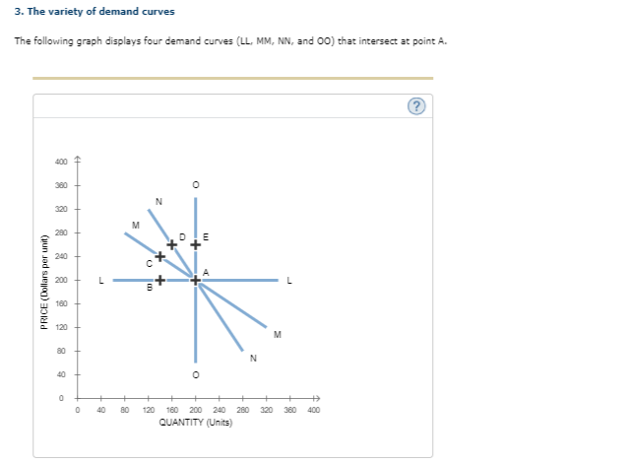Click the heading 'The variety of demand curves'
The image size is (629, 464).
89,11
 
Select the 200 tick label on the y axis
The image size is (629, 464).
61,280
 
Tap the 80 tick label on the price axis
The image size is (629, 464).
61,351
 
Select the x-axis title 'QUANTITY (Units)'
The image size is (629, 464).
196,420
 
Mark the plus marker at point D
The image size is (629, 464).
171,243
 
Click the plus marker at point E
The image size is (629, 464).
195,243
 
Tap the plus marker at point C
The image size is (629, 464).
158,257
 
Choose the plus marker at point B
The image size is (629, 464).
158,280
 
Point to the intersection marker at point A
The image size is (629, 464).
195,281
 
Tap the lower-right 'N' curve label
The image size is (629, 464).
253,358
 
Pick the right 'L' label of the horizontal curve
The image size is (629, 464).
288,280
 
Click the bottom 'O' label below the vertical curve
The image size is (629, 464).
195,375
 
